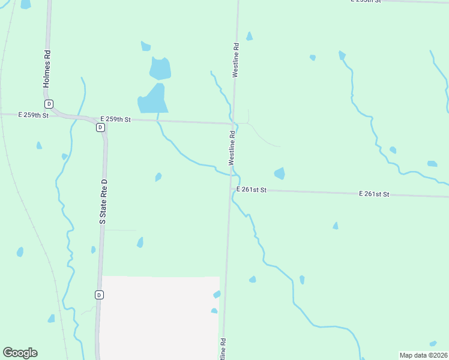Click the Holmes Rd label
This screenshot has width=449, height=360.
tap(46, 68)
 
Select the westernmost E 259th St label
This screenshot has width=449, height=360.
tap(33, 114)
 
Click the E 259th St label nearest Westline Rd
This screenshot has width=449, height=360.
tap(115, 119)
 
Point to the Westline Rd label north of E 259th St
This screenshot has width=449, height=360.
tap(237, 59)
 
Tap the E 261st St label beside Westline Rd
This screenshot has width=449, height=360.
tap(251, 190)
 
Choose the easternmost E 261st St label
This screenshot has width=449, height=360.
tap(375, 194)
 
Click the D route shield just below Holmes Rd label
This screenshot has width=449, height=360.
tap(49, 103)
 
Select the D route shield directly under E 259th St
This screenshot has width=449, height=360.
tap(100, 127)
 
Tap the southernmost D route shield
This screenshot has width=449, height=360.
tap(99, 295)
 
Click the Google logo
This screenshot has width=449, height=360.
tap(20, 353)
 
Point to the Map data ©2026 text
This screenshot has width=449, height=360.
tap(424, 355)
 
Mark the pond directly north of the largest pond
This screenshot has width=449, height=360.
tap(160, 68)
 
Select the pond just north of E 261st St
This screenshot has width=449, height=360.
tap(279, 173)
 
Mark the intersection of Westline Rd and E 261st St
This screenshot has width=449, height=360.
tap(230, 190)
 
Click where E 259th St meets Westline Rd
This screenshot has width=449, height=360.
tap(233, 124)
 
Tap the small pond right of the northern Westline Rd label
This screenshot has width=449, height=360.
tap(249, 37)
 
